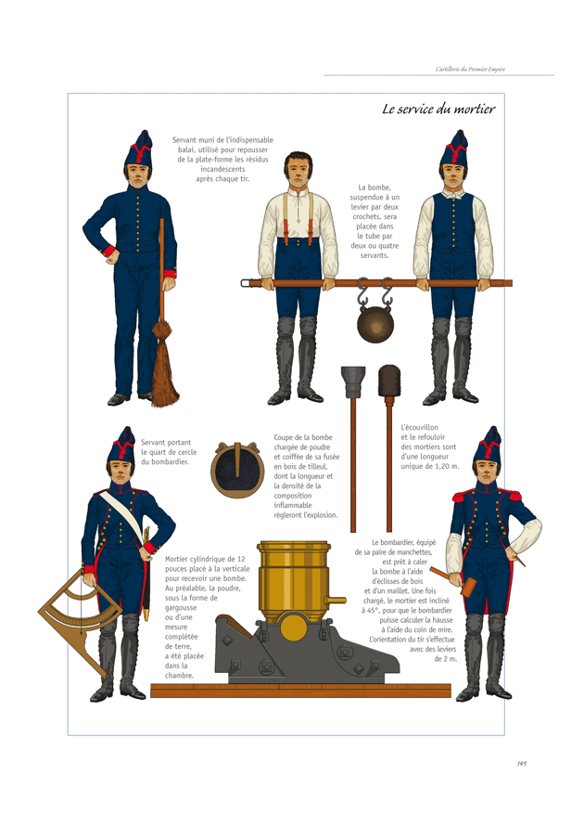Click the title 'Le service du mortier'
[x=438, y=110]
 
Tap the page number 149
[x=523, y=764]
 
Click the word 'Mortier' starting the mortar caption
[x=178, y=560]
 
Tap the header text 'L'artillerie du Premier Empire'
[x=470, y=69]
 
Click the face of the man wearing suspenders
[x=298, y=174]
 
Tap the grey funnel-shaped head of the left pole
[x=352, y=381]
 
